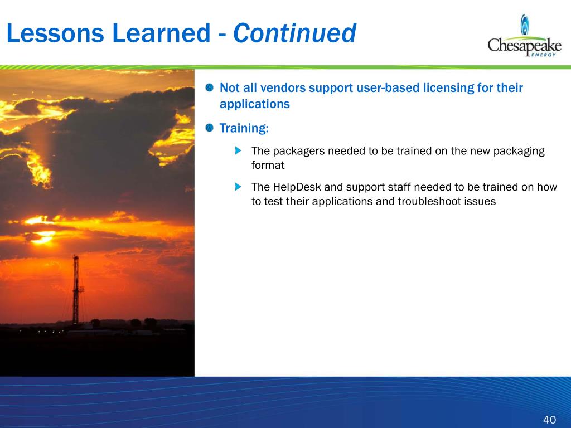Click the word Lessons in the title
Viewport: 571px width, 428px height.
pyautogui.click(x=55, y=33)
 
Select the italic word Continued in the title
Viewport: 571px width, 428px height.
pyautogui.click(x=294, y=33)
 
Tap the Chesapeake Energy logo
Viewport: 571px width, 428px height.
pyautogui.click(x=524, y=36)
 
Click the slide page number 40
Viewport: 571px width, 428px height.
pyautogui.click(x=549, y=420)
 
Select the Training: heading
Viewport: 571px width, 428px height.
pyautogui.click(x=244, y=128)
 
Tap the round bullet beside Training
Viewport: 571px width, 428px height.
pyautogui.click(x=210, y=128)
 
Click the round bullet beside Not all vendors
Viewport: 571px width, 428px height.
pyautogui.click(x=210, y=87)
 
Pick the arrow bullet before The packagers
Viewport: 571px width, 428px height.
pyautogui.click(x=238, y=150)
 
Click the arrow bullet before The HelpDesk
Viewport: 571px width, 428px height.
pyautogui.click(x=238, y=187)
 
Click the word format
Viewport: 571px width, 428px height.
pyautogui.click(x=268, y=165)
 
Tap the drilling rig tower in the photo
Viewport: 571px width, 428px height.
pyautogui.click(x=76, y=289)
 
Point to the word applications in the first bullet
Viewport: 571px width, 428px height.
pyautogui.click(x=254, y=104)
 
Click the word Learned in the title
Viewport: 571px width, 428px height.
pyautogui.click(x=161, y=33)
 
